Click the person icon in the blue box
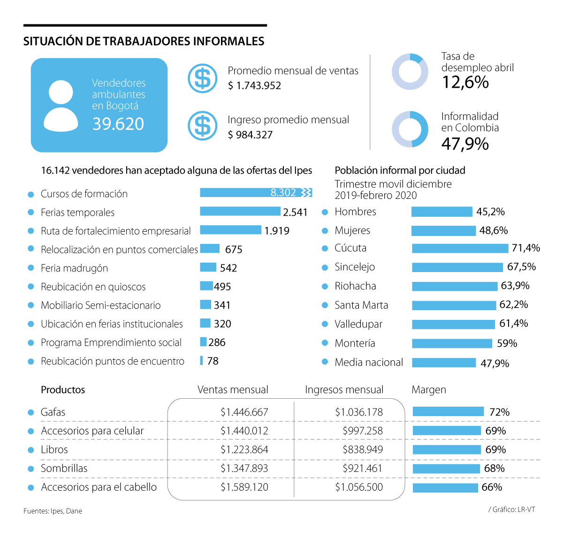point(61,106)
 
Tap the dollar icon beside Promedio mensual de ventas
point(203,78)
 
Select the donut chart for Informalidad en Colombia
point(410,129)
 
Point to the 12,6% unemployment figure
point(465,83)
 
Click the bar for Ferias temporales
point(240,212)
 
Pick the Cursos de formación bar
point(256,193)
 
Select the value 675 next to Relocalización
point(234,250)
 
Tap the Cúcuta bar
point(460,248)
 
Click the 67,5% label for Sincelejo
point(521,267)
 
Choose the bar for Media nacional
point(444,363)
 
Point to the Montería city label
point(355,343)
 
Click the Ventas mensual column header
point(233,390)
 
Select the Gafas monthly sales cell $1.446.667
point(244,412)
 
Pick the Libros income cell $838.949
point(363,450)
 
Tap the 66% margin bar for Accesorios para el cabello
point(445,488)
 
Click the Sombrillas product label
point(64,469)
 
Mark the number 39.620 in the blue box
point(118,124)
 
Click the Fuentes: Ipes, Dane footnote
point(53,511)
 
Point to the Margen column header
point(429,390)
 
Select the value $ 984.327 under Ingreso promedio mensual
point(250,135)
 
